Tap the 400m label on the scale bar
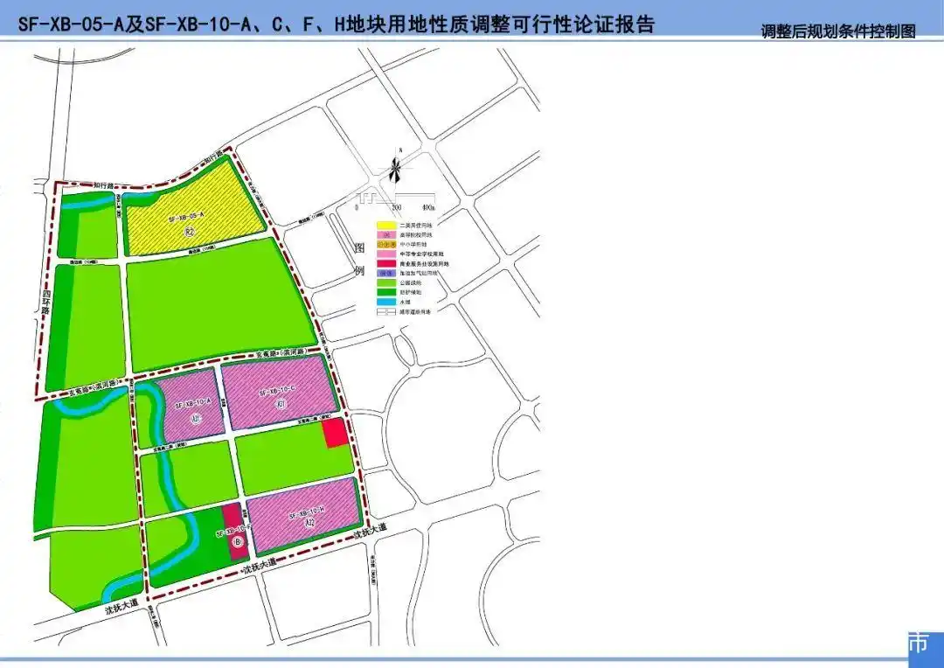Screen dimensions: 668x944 (427, 208)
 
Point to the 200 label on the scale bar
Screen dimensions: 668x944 (396, 208)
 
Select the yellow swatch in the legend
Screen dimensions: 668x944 (385, 226)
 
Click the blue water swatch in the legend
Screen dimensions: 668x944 (385, 301)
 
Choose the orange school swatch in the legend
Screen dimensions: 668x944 (385, 245)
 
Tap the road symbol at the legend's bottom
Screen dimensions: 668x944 (385, 310)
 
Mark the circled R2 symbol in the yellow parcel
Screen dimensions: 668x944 (189, 233)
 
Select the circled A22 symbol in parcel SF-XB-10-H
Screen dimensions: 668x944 (309, 524)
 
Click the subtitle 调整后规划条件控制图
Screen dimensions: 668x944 (837, 31)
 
